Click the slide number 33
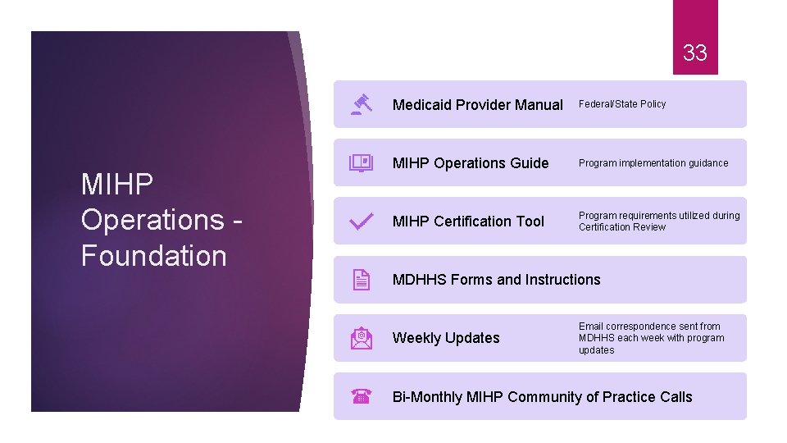pyautogui.click(x=694, y=53)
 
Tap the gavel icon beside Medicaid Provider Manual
pyautogui.click(x=362, y=104)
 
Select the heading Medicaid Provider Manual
pyautogui.click(x=477, y=104)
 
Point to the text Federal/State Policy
pyautogui.click(x=622, y=104)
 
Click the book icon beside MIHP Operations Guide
pyautogui.click(x=362, y=162)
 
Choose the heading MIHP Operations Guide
pyautogui.click(x=471, y=162)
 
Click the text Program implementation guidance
pyautogui.click(x=653, y=162)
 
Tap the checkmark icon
pyautogui.click(x=362, y=221)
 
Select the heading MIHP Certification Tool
pyautogui.click(x=468, y=221)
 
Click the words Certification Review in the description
pyautogui.click(x=622, y=227)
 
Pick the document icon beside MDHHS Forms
pyautogui.click(x=362, y=280)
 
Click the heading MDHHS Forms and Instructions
pyautogui.click(x=496, y=280)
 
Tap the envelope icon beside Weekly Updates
pyautogui.click(x=362, y=338)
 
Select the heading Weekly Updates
pyautogui.click(x=446, y=338)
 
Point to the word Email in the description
pyautogui.click(x=592, y=326)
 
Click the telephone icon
pyautogui.click(x=362, y=397)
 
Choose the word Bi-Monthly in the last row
pyautogui.click(x=427, y=397)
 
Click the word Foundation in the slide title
pyautogui.click(x=153, y=256)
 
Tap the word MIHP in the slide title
pyautogui.click(x=117, y=185)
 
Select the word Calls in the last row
pyautogui.click(x=676, y=397)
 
